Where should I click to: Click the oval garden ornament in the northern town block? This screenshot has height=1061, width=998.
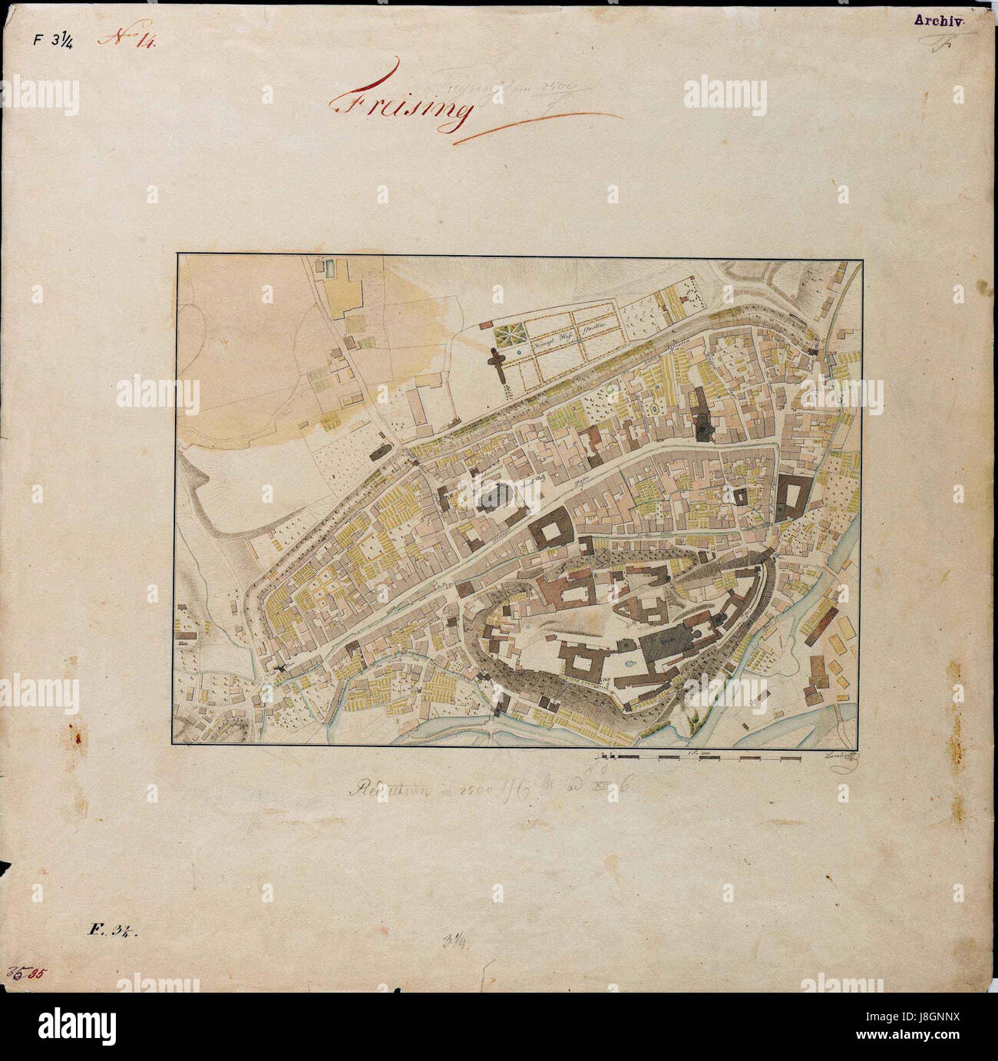click(653, 410)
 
